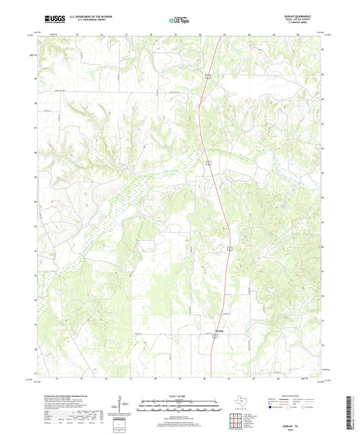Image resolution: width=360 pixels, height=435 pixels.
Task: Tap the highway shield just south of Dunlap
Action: (x=215, y=340)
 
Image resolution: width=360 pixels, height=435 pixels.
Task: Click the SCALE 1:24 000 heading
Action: (x=179, y=395)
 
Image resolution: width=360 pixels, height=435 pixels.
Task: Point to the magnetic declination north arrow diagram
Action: (x=119, y=405)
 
